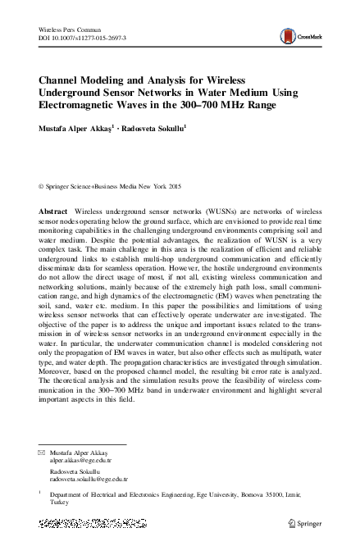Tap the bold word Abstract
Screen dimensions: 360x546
coord(53,212)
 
